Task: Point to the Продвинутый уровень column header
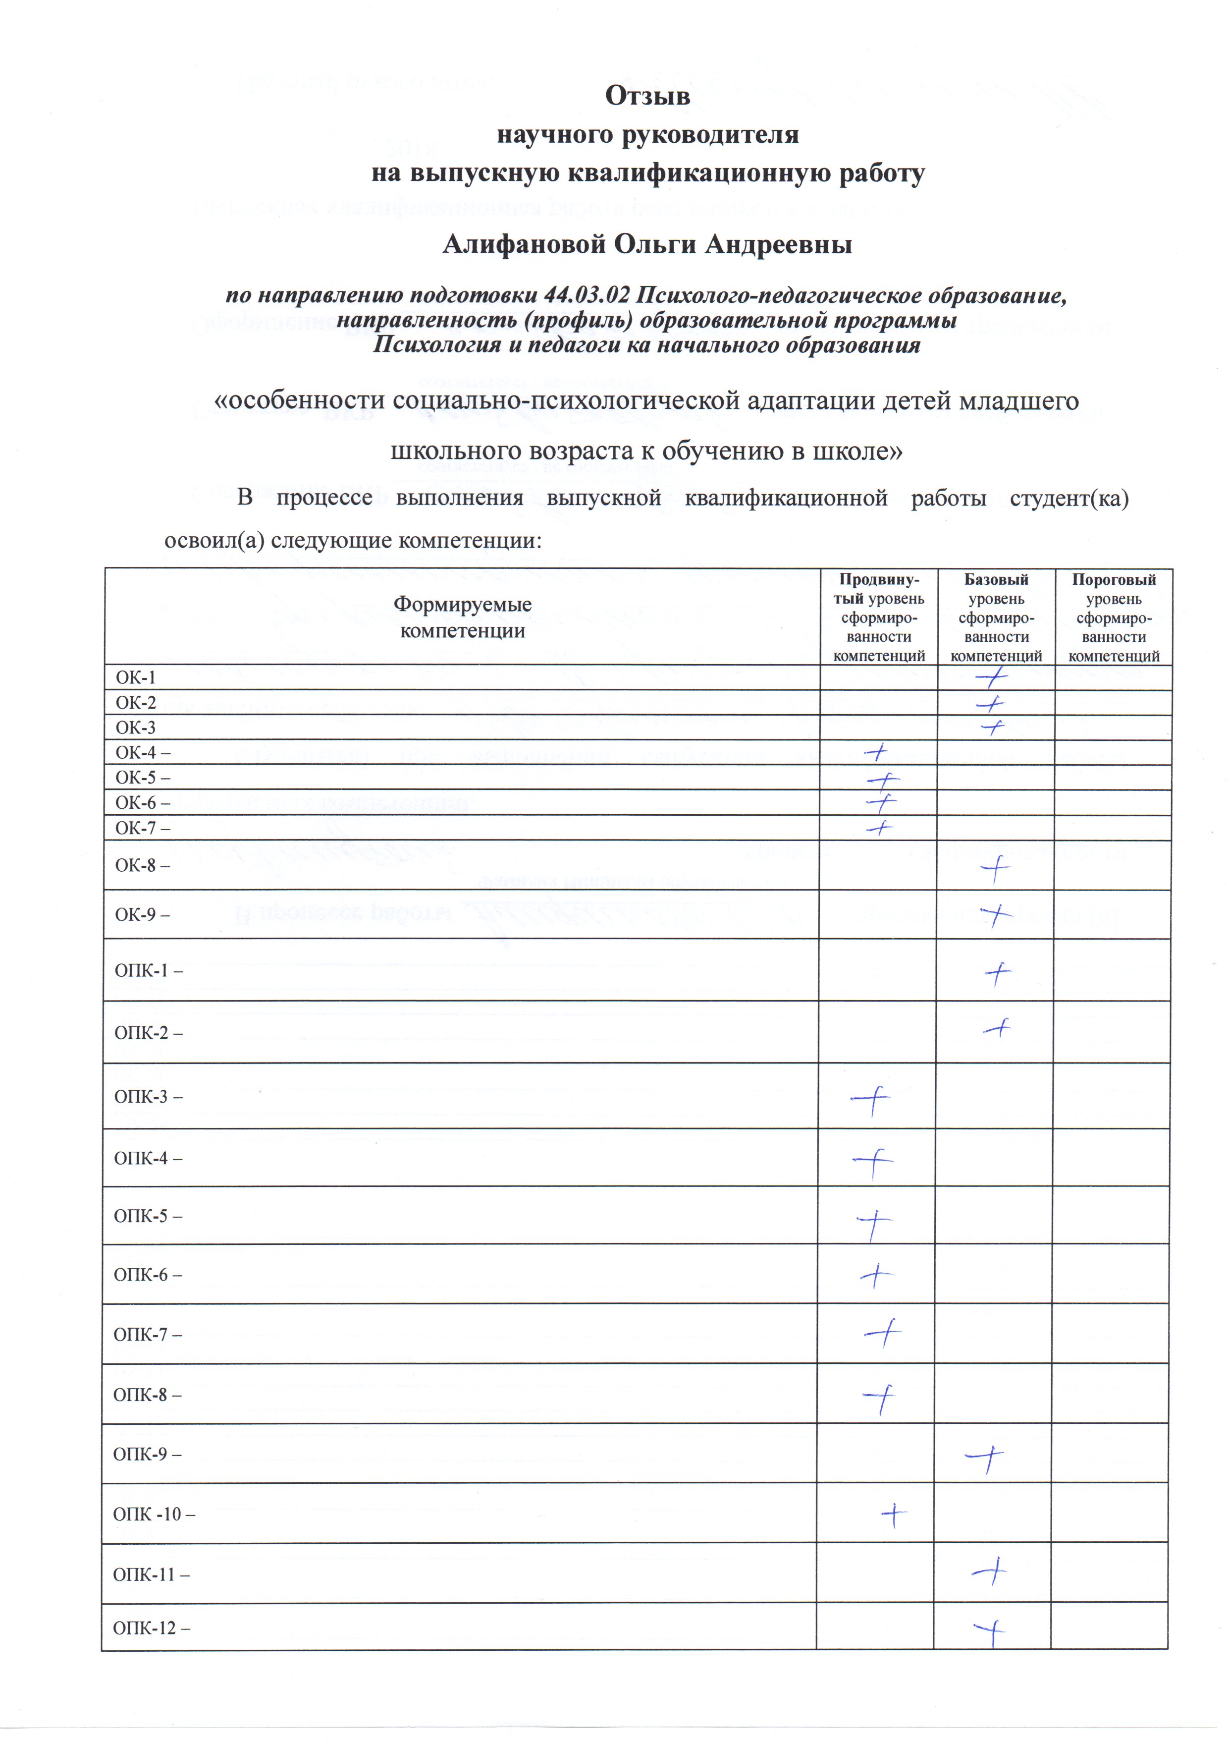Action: [x=878, y=617]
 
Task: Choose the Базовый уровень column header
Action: [x=996, y=617]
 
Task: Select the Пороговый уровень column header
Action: [x=1113, y=617]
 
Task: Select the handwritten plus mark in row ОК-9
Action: [x=996, y=915]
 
